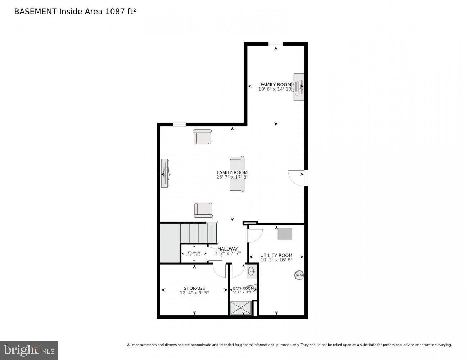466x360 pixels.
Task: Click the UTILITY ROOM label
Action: (x=276, y=255)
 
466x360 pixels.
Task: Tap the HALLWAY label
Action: (x=228, y=249)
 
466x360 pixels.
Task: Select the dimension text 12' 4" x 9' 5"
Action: (x=194, y=293)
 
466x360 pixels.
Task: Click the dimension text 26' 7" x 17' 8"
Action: (x=232, y=177)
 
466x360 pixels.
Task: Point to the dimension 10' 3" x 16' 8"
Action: (x=276, y=260)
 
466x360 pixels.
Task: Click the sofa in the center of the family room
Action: (x=237, y=174)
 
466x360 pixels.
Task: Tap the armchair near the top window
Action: (x=202, y=137)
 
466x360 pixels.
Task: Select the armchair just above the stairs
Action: (x=203, y=210)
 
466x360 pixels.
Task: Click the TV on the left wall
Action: (x=165, y=173)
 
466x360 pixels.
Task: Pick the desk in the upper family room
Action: (x=299, y=87)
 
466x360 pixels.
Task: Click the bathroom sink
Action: (x=252, y=271)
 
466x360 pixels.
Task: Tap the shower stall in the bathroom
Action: (x=241, y=308)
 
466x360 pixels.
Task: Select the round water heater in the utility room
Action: (x=299, y=275)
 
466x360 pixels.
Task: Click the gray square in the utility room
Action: (x=285, y=234)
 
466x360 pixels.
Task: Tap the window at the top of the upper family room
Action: (x=275, y=44)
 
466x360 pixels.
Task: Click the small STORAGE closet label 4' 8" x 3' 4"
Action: (x=194, y=254)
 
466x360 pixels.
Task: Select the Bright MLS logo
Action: (x=29, y=350)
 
